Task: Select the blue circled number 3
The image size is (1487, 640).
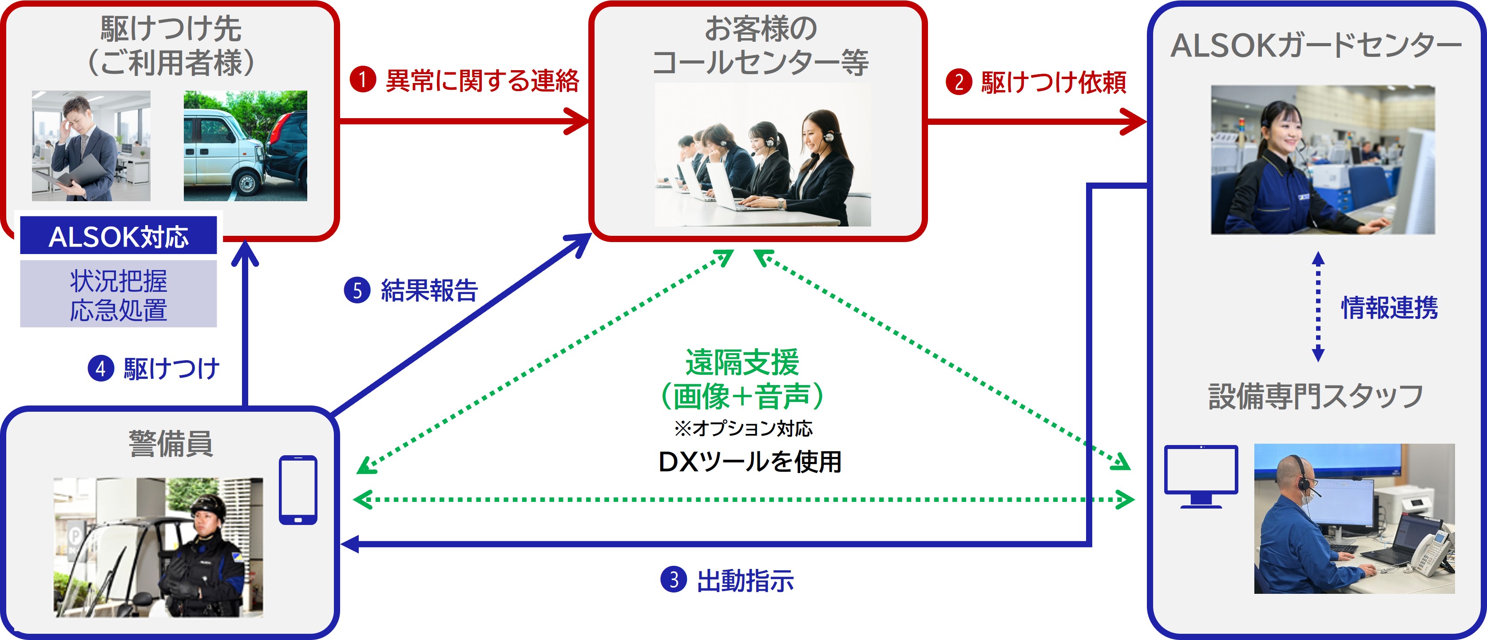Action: coord(673,579)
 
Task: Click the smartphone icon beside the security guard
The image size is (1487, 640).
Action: coord(298,490)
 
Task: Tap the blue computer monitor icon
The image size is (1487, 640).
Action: coord(1201,475)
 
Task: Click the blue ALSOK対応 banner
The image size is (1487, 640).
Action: coord(119,236)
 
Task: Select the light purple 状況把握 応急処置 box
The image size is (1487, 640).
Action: coord(119,294)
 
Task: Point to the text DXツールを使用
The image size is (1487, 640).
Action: coord(749,461)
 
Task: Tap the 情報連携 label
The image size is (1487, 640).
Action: coord(1389,307)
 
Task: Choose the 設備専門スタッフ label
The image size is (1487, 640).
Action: coord(1316,396)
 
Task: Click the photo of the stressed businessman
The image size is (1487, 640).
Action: coord(91,146)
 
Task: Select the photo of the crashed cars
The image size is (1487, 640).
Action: coord(246,146)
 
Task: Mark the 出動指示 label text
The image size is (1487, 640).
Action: coord(745,580)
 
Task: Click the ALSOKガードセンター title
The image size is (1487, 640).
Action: coord(1316,46)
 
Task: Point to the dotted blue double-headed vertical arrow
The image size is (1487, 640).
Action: coord(1318,306)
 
